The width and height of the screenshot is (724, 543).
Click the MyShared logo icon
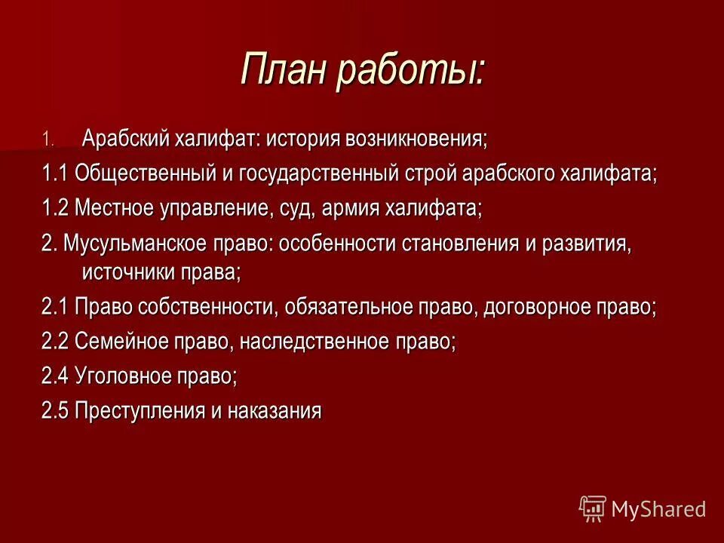pos(593,508)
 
